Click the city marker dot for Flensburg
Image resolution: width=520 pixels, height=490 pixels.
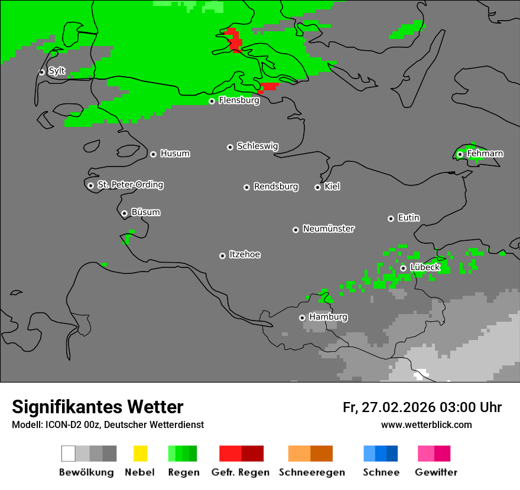coord(212,101)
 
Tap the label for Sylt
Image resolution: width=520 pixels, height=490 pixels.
coord(57,71)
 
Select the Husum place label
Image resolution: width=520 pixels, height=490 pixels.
coord(175,153)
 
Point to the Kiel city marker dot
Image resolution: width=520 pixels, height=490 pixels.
coord(317,187)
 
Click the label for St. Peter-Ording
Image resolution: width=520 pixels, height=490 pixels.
coord(130,185)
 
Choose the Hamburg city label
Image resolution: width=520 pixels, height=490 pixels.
coord(328,317)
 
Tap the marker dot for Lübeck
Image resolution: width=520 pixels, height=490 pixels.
coord(403,268)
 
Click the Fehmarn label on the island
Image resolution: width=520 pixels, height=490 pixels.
coord(485,153)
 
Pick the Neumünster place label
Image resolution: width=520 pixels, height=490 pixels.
coord(329,228)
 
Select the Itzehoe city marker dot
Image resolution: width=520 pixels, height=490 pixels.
coord(222,256)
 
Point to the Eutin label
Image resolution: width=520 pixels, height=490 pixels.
coord(408,218)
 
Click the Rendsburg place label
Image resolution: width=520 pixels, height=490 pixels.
coord(276,187)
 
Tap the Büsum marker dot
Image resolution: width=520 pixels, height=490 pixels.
coord(124,213)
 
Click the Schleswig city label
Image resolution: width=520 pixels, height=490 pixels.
coord(257,146)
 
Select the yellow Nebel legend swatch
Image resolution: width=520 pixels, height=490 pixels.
coord(140,453)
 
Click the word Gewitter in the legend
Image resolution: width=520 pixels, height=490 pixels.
coord(435,472)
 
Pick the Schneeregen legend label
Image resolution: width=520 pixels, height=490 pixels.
coord(312,472)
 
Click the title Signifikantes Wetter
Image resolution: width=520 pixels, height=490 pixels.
coord(97,407)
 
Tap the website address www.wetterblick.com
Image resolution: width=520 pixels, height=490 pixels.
coord(426,424)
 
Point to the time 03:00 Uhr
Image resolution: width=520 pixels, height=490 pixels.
coord(470,407)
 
